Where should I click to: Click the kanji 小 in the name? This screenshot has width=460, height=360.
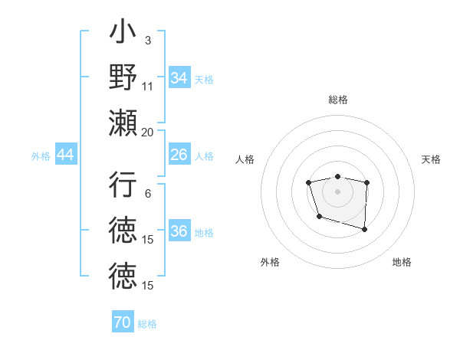[123, 34]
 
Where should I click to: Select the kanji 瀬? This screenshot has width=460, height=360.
[123, 122]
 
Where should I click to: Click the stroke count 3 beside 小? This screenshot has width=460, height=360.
[147, 40]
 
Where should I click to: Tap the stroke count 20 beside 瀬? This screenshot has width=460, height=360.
[148, 132]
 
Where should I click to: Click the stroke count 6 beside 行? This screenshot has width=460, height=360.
[147, 193]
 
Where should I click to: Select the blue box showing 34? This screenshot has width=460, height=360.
[179, 78]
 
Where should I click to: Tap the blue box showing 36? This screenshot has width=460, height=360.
[179, 232]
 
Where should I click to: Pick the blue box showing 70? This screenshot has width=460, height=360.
[123, 322]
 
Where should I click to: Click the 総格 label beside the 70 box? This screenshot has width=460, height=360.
[147, 324]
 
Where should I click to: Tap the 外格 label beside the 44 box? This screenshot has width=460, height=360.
[41, 156]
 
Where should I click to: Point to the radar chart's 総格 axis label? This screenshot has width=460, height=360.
[338, 100]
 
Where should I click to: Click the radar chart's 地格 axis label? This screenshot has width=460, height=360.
[402, 263]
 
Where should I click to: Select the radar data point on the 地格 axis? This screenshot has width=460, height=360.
[364, 229]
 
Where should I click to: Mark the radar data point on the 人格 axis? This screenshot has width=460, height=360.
[308, 182]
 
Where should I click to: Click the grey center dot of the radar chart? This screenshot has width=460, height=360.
[338, 191]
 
